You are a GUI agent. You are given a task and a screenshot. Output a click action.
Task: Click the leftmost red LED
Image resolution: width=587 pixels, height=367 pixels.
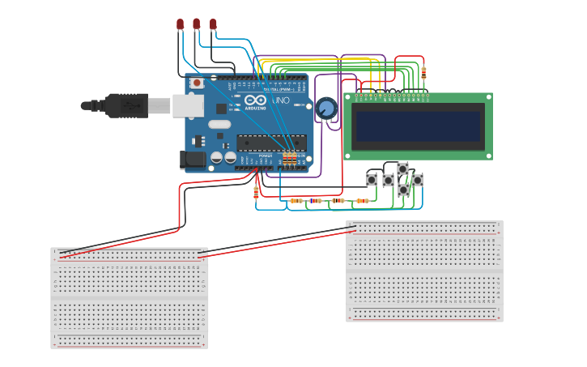pyautogui.click(x=180, y=25)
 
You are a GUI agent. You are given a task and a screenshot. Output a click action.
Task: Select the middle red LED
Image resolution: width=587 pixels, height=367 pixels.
pyautogui.click(x=196, y=25)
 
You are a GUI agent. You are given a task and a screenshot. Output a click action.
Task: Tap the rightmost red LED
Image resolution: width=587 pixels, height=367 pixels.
pyautogui.click(x=213, y=25)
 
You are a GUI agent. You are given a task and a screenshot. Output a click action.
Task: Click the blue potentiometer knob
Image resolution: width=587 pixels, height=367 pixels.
pyautogui.click(x=326, y=108)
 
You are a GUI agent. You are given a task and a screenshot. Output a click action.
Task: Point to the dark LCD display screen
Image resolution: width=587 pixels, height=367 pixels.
pyautogui.click(x=418, y=126)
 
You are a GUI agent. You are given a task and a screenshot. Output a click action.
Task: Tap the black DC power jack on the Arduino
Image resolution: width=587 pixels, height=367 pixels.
pyautogui.click(x=194, y=159)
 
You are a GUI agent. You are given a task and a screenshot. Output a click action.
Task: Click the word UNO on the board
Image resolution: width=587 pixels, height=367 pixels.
pyautogui.click(x=280, y=100)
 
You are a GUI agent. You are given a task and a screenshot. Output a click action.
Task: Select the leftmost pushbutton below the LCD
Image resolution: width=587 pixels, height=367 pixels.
pyautogui.click(x=372, y=179)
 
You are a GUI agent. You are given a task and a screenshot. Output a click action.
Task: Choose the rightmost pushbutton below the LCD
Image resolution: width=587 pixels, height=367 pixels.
pyautogui.click(x=417, y=179)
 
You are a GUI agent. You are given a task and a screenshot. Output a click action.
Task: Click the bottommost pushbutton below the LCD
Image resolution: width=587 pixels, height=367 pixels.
pyautogui.click(x=402, y=190)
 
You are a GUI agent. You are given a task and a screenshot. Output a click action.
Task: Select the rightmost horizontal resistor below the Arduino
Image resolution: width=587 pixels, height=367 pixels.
pyautogui.click(x=362, y=200)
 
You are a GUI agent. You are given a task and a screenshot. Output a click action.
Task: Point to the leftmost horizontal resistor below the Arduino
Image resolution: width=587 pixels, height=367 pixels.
pyautogui.click(x=296, y=200)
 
